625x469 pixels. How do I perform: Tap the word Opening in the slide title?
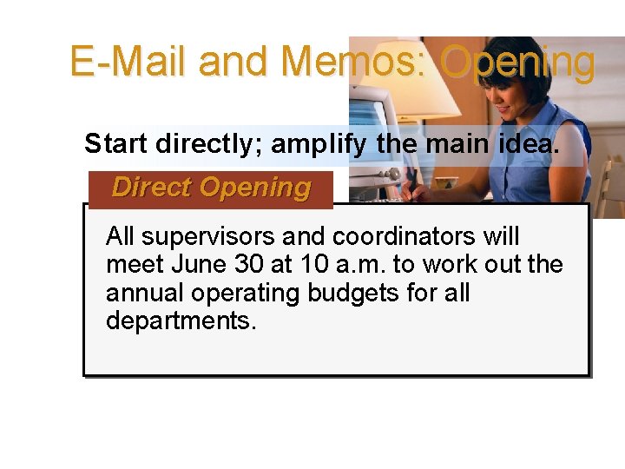click(517, 63)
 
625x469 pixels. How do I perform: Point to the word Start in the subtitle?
click(116, 143)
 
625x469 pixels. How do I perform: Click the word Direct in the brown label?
click(153, 188)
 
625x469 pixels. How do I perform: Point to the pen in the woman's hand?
click(408, 187)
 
